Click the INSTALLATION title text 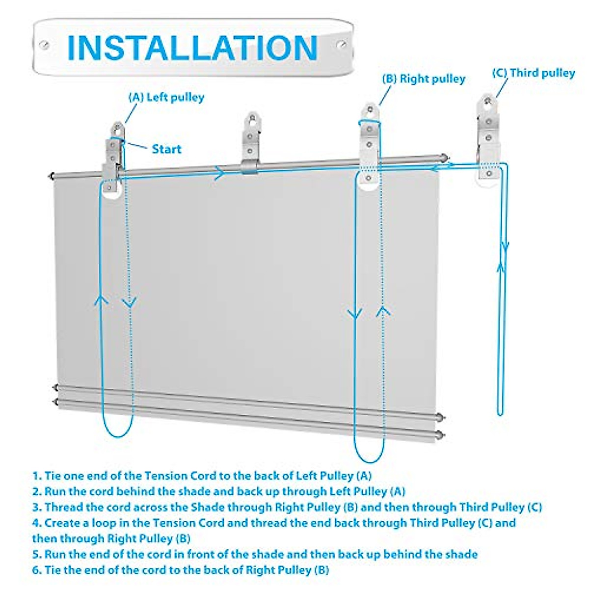(192, 48)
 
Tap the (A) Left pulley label (166, 97)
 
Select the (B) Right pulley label (424, 79)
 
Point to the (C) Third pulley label (533, 73)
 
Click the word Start (166, 149)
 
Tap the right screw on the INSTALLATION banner (342, 45)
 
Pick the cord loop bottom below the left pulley (118, 435)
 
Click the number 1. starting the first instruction (37, 476)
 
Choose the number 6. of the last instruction (37, 570)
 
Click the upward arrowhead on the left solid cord (101, 300)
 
